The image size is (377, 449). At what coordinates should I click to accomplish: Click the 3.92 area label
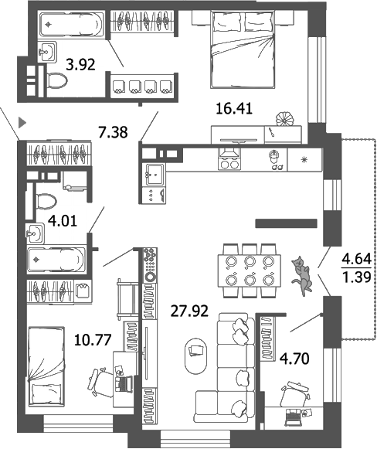(x=80, y=65)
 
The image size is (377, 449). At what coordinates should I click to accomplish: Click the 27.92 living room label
(x=188, y=313)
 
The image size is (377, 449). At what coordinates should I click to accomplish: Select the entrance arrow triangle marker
(x=23, y=121)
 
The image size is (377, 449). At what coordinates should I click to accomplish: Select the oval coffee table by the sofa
(x=196, y=352)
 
